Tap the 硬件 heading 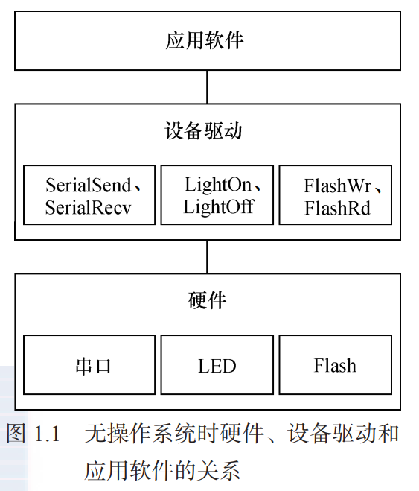pyautogui.click(x=207, y=300)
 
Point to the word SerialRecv pyautogui.click(x=88, y=207)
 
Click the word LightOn pyautogui.click(x=217, y=184)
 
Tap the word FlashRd pyautogui.click(x=336, y=208)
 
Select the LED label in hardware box pyautogui.click(x=217, y=366)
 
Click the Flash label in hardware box pyautogui.click(x=335, y=366)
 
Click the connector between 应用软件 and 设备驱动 pyautogui.click(x=207, y=87)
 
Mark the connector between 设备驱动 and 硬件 pyautogui.click(x=207, y=256)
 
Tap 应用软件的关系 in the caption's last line pyautogui.click(x=161, y=470)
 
